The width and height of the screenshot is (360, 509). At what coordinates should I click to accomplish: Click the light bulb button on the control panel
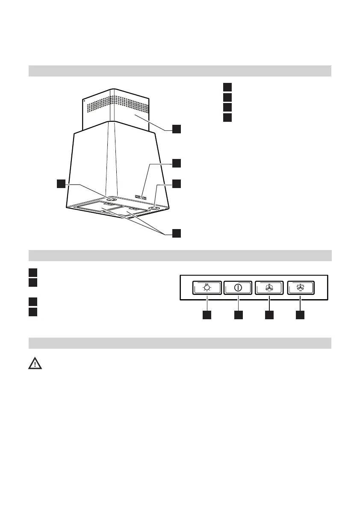click(x=207, y=288)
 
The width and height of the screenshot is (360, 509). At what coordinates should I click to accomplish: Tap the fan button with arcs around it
click(x=301, y=288)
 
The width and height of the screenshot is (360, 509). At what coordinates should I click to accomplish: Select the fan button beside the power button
click(x=269, y=288)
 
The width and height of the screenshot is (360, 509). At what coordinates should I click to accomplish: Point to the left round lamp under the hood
click(x=111, y=199)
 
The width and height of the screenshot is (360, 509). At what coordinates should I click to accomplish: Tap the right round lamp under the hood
click(x=154, y=208)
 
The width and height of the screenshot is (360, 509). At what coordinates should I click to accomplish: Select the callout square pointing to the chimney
click(x=177, y=129)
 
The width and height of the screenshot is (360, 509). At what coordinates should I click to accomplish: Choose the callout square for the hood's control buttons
click(x=177, y=163)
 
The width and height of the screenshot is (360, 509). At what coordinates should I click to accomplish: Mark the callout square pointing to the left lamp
click(x=62, y=184)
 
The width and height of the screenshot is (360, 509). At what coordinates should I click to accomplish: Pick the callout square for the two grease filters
click(x=177, y=233)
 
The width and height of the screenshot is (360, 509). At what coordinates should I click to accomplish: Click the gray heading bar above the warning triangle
click(x=180, y=343)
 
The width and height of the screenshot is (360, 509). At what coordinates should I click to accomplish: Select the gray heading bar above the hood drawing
click(x=180, y=71)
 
